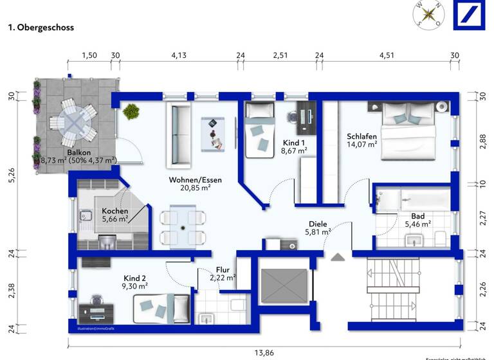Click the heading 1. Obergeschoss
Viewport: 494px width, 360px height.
tap(41, 28)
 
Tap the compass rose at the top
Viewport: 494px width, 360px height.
tap(429, 14)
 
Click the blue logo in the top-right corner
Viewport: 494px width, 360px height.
tap(473, 14)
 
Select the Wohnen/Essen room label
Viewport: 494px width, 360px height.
tap(195, 180)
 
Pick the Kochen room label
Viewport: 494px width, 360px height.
tap(114, 211)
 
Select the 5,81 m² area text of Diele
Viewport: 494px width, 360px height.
tap(318, 231)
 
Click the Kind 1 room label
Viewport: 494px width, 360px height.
tap(295, 142)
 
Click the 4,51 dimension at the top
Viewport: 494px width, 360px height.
tap(386, 55)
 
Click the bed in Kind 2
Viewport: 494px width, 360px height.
tap(161, 308)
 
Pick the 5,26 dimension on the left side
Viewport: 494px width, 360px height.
tap(11, 175)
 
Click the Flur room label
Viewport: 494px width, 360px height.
tap(223, 270)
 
